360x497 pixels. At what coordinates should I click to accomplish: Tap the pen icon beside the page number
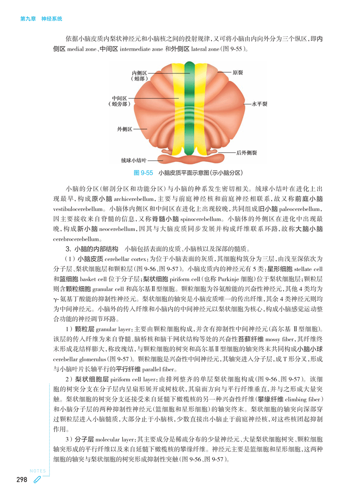(37, 480)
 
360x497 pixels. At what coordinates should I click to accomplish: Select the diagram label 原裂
(238, 73)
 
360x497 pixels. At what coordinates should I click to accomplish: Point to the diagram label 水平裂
(259, 104)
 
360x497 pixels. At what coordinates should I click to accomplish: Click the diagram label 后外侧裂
(246, 152)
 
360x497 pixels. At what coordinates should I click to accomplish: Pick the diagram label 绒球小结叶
(134, 160)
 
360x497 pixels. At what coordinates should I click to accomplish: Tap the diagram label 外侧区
(125, 129)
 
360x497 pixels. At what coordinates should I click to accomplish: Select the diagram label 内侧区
(139, 73)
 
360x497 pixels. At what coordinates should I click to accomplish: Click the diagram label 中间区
(119, 98)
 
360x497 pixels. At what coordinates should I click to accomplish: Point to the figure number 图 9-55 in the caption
(143, 173)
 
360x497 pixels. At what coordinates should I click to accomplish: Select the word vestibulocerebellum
(77, 208)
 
